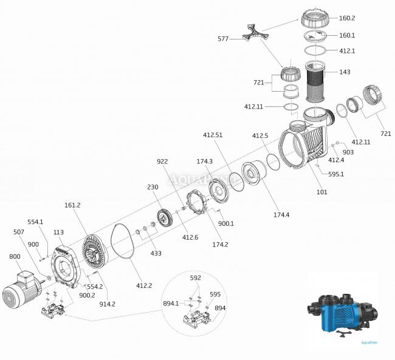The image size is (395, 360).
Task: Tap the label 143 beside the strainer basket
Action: click(x=345, y=72)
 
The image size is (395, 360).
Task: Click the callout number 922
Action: click(x=162, y=163)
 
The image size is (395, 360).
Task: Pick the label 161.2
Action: click(x=72, y=206)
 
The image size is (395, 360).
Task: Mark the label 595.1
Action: click(x=335, y=174)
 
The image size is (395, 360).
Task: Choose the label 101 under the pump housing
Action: click(x=321, y=192)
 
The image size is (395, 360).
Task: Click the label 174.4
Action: click(x=282, y=214)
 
